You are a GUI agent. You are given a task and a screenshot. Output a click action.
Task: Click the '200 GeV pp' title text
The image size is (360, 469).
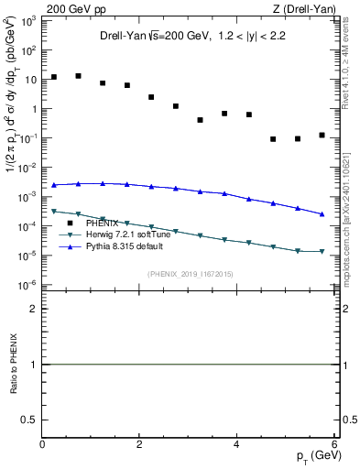coord(75,9)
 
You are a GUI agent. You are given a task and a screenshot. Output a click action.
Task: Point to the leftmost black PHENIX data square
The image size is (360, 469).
coord(54,77)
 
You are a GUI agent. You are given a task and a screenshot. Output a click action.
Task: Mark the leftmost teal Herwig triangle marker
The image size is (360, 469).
coord(54,212)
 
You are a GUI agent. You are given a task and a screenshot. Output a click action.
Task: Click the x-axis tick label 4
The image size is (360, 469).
coord(236,444)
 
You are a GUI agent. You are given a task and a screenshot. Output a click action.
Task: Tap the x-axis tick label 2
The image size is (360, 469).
coord(139,444)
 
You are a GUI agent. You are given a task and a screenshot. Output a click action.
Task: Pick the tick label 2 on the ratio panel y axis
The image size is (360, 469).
coord(34,310)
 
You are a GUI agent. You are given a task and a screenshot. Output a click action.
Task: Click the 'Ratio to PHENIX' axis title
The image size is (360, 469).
coord(11,365)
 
